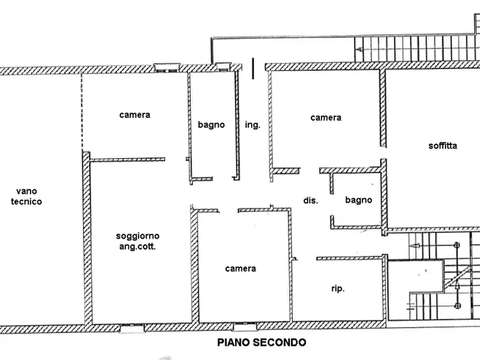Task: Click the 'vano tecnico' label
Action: pyautogui.click(x=28, y=196)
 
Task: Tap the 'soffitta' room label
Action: pyautogui.click(x=443, y=146)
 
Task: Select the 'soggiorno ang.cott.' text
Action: pyautogui.click(x=138, y=241)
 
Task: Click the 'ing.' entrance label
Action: pyautogui.click(x=253, y=125)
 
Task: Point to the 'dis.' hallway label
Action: pyautogui.click(x=311, y=200)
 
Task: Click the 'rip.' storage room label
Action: pyautogui.click(x=338, y=289)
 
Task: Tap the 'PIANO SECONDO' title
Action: pyautogui.click(x=261, y=342)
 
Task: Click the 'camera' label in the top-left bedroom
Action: pyautogui.click(x=135, y=114)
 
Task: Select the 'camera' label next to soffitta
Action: pyautogui.click(x=326, y=117)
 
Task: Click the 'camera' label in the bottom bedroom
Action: pyautogui.click(x=240, y=268)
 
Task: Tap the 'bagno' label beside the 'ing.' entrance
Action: pyautogui.click(x=211, y=125)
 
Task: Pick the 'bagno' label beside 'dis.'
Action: pyautogui.click(x=359, y=200)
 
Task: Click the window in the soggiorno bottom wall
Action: pyautogui.click(x=132, y=326)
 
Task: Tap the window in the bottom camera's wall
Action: pyautogui.click(x=245, y=326)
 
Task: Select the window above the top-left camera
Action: pyautogui.click(x=166, y=67)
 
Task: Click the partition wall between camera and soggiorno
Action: pyautogui.click(x=127, y=160)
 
